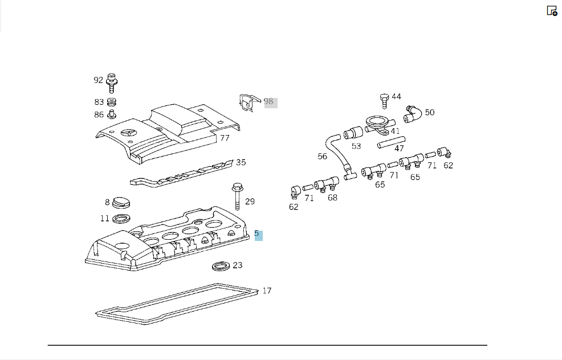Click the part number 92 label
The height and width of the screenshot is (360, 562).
click(x=98, y=80)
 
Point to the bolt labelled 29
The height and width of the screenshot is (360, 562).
click(x=237, y=197)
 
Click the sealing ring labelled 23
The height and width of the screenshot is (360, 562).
click(x=221, y=267)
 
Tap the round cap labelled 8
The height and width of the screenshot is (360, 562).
click(x=121, y=203)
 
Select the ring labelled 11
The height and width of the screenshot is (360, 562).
click(x=121, y=218)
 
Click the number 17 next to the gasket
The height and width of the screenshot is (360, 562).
click(x=267, y=291)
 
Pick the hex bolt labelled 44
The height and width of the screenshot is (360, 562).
click(x=384, y=101)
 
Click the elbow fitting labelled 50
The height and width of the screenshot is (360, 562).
click(x=413, y=114)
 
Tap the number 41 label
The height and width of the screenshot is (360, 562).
click(x=395, y=131)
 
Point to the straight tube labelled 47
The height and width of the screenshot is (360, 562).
click(x=391, y=142)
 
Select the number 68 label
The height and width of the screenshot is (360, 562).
click(x=333, y=198)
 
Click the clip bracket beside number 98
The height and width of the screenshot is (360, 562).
click(x=250, y=103)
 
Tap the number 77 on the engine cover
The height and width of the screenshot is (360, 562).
click(x=225, y=138)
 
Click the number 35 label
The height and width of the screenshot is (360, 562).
click(x=241, y=163)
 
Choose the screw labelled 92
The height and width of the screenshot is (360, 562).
click(x=112, y=83)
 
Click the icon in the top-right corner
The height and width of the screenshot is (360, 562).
click(x=552, y=11)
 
